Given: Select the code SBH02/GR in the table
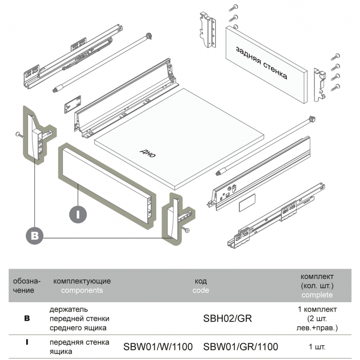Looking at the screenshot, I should (228, 319).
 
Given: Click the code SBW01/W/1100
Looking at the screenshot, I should (158, 347).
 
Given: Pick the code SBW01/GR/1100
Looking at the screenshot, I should (241, 347).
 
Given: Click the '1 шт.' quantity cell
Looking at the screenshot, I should (317, 347).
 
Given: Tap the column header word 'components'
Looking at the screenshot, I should (82, 290).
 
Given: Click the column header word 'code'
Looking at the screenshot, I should (201, 290).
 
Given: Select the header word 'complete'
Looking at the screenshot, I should (317, 295).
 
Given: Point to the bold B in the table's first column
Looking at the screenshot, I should (27, 318).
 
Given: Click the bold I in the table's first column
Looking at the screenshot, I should (27, 342).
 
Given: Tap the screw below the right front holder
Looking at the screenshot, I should (186, 230).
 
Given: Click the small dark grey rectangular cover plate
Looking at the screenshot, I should (246, 202).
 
